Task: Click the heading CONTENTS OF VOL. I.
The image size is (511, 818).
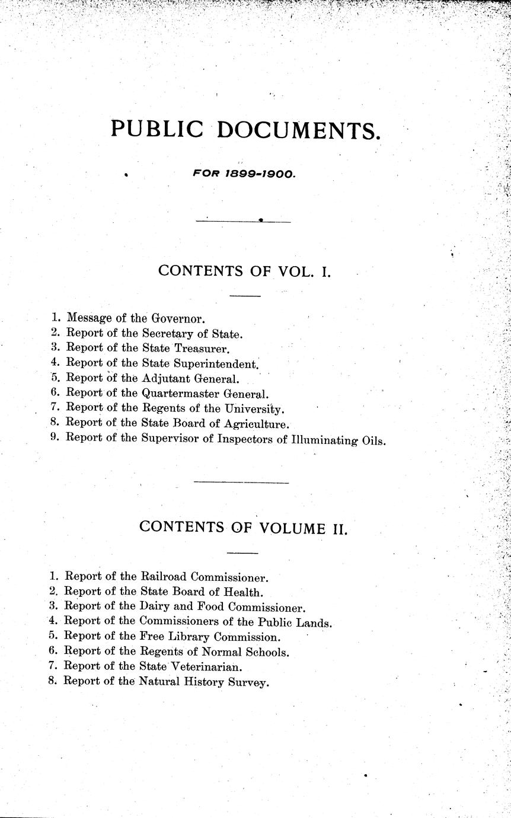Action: [x=244, y=271]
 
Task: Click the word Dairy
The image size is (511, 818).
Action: [x=152, y=607]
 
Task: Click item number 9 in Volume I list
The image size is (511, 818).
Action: [x=55, y=439]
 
